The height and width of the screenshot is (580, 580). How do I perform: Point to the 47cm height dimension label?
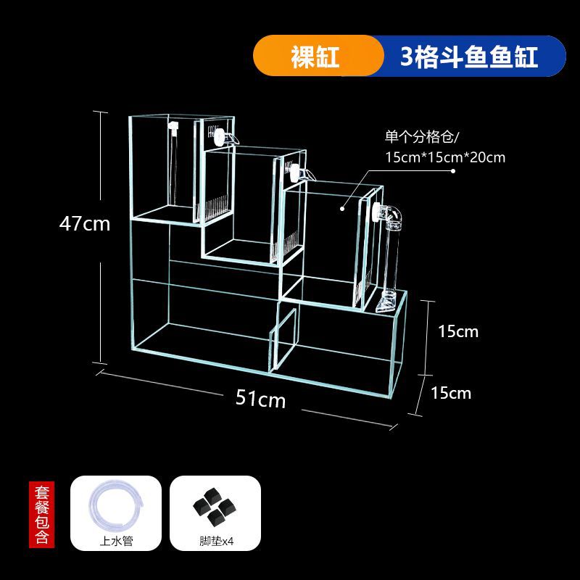coord(85,224)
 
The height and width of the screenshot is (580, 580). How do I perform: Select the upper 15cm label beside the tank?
coord(458,331)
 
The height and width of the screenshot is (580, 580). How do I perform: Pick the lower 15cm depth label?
coord(451,393)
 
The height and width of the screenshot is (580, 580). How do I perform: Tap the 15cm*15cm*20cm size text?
coord(445,157)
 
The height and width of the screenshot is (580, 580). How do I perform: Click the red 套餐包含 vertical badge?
coord(41,513)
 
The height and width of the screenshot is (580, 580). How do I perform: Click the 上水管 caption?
coord(115,540)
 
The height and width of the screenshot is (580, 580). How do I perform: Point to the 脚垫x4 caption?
coord(215,540)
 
